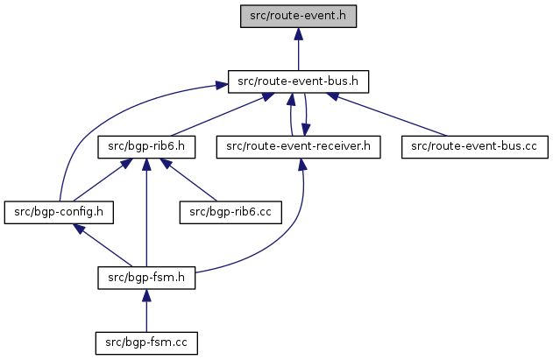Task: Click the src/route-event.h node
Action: click(299, 17)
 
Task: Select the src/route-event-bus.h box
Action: click(299, 82)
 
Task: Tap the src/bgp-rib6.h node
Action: click(145, 146)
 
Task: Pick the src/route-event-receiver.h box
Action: click(299, 146)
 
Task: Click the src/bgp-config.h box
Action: click(60, 212)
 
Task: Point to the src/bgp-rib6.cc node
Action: click(230, 212)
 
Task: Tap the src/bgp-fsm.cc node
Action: click(145, 342)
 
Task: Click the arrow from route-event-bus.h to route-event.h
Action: click(299, 53)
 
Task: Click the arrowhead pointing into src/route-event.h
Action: click(299, 34)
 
